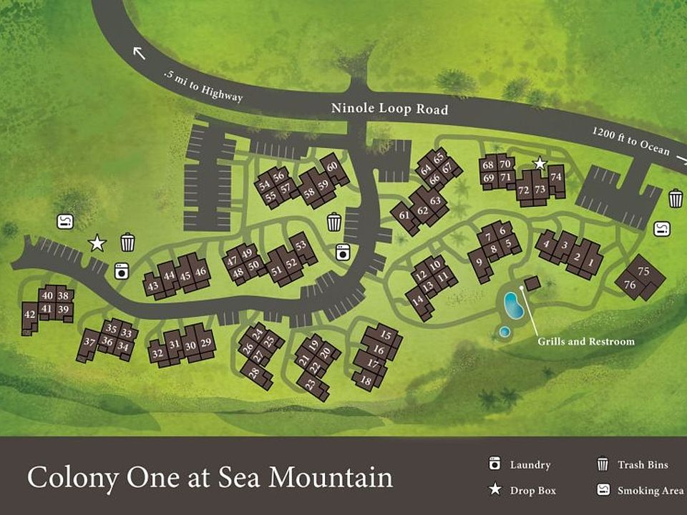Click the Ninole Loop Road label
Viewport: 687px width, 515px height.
(389, 109)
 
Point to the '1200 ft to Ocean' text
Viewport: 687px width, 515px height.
(630, 142)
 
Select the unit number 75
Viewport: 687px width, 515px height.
(643, 271)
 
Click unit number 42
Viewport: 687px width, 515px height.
(29, 314)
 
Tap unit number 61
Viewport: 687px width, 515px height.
(404, 215)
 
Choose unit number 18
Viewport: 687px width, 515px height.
(366, 381)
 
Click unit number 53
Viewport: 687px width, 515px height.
(301, 245)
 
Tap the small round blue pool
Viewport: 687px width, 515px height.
(505, 331)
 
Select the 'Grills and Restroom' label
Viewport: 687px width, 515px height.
(585, 341)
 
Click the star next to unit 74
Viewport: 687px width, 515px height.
(540, 164)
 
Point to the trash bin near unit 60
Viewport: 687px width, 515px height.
(334, 222)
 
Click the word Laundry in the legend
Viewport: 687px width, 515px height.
(530, 465)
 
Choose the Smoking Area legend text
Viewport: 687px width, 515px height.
(642, 491)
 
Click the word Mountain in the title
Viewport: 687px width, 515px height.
(332, 477)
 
